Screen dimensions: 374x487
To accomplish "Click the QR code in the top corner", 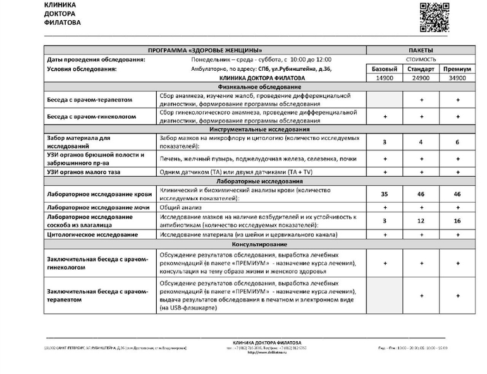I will tap(435, 17).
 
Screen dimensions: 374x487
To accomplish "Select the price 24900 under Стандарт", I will tap(421, 78).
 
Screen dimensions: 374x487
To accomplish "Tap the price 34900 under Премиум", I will tap(457, 78).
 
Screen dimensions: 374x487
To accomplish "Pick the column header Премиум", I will tap(457, 69).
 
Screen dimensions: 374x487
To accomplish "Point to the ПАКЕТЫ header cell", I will tap(421, 50).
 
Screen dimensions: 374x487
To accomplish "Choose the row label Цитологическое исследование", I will tap(92, 234).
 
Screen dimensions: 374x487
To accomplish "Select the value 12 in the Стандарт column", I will tap(421, 220).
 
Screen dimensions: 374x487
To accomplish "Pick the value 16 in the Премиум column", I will tap(457, 220).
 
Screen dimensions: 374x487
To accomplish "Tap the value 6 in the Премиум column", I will tap(457, 142).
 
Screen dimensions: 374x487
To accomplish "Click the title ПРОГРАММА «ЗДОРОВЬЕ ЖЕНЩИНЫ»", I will tap(205, 50).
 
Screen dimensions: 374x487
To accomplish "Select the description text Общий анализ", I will tap(180, 207).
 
